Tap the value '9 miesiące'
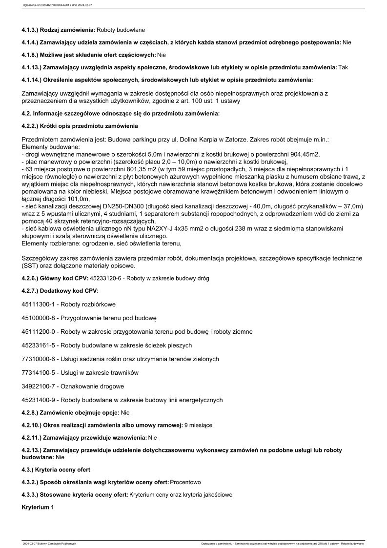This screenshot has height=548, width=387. point(199,426)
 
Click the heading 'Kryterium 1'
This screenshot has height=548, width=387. point(38,507)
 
